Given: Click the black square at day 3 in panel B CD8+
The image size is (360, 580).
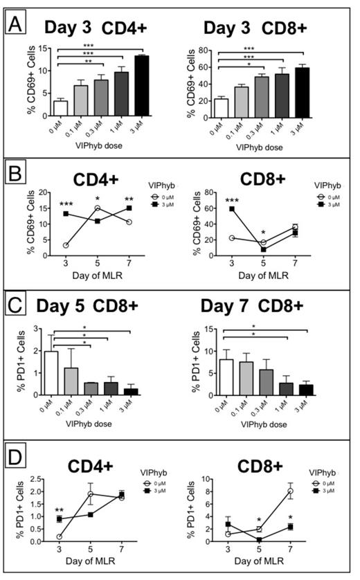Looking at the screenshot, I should [x=240, y=208].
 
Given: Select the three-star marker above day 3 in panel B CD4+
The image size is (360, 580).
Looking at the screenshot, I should [x=64, y=204].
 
